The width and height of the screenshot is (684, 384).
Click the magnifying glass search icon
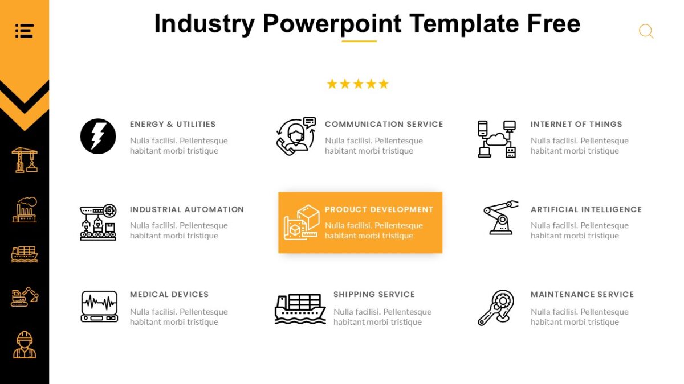coord(646,31)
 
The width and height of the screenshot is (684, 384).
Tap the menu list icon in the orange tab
coord(25,31)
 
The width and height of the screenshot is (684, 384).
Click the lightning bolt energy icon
coord(98,137)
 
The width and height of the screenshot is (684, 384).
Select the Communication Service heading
coord(384,124)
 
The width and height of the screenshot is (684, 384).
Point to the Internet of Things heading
coord(576,124)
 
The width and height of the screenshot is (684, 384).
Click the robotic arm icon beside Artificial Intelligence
coord(500,217)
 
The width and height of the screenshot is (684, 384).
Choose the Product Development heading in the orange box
coord(379,209)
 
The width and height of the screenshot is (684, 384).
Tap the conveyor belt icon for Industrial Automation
coord(98,222)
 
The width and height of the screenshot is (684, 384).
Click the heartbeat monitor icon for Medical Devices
coord(99,307)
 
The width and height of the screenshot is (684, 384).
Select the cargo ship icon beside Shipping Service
coord(300,308)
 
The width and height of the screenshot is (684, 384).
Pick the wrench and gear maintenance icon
coord(496,308)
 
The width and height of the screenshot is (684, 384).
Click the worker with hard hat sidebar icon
coord(25,345)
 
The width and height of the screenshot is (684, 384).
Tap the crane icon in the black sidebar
coord(25,160)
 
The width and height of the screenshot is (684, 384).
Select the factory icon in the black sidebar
coord(25,209)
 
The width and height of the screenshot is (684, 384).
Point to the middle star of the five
coord(358,84)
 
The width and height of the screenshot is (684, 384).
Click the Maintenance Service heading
coord(582,294)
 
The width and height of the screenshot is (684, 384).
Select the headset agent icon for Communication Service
coord(296,137)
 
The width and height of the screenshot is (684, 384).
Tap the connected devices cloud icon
coord(496,139)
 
